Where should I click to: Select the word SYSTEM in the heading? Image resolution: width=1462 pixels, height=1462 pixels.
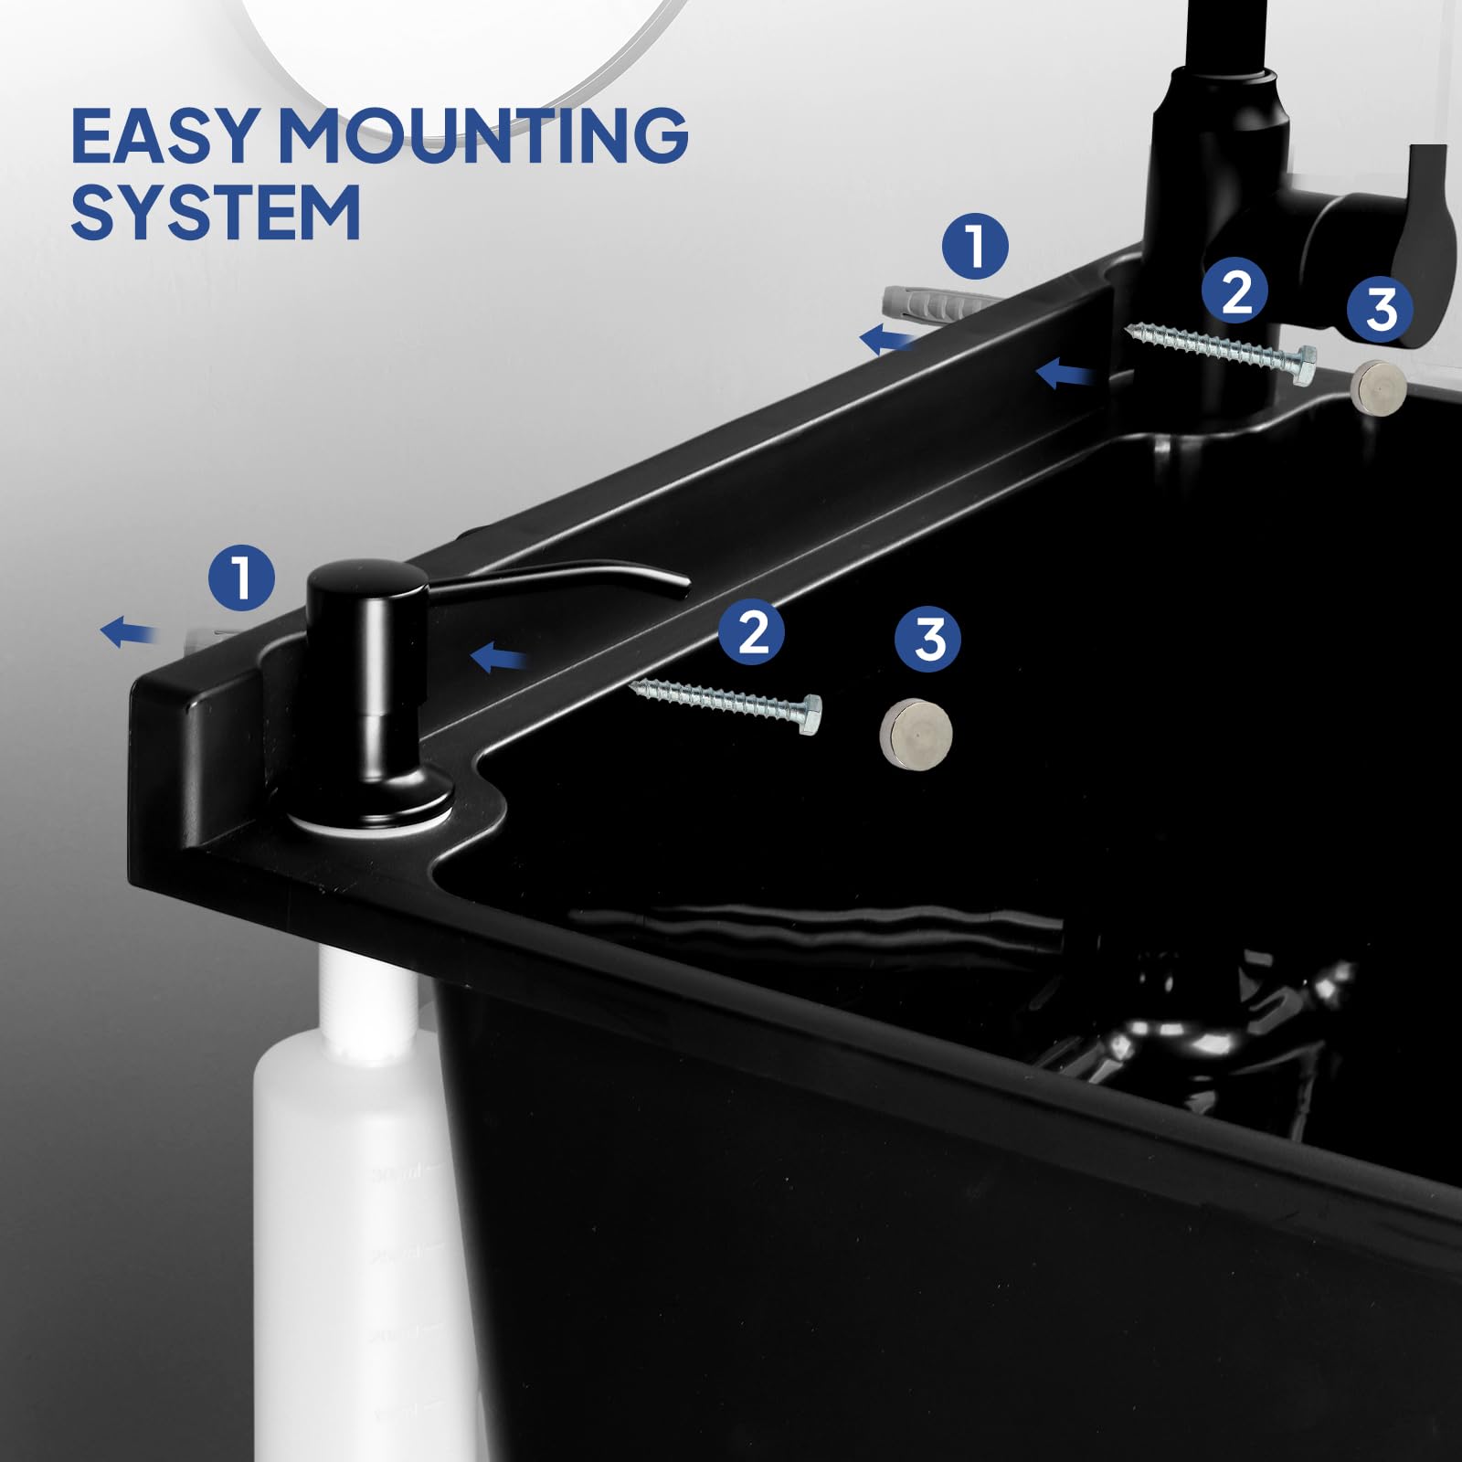tap(216, 212)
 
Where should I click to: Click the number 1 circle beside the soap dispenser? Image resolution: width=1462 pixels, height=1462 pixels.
tap(241, 577)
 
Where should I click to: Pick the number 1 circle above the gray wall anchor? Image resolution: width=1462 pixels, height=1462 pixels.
tap(975, 246)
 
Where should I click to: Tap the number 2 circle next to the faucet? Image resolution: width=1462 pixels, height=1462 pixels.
tap(1235, 291)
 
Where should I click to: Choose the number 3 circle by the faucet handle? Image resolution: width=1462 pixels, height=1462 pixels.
tap(1380, 309)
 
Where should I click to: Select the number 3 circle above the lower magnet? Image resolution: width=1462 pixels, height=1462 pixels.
tap(927, 639)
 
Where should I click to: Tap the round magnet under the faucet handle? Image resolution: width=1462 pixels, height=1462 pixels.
tap(1377, 387)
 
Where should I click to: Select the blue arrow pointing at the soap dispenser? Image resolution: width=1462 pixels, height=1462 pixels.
tap(498, 656)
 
